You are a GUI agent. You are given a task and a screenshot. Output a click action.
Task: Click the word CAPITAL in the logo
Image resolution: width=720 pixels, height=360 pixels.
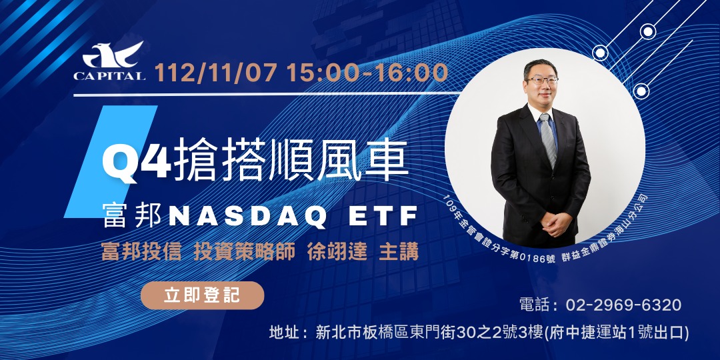click(109, 76)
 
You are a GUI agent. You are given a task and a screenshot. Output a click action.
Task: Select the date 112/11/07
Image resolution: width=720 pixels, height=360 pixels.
click(216, 73)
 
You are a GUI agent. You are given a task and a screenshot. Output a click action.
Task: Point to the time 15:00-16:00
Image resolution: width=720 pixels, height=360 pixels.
click(367, 73)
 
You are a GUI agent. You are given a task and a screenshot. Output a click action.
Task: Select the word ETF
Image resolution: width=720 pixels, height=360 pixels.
click(383, 217)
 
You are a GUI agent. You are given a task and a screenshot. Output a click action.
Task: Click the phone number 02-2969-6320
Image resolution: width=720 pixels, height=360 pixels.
click(623, 305)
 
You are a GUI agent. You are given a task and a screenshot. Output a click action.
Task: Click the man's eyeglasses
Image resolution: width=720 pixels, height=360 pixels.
click(542, 81)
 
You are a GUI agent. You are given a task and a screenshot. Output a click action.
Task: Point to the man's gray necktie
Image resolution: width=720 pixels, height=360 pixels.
click(548, 141)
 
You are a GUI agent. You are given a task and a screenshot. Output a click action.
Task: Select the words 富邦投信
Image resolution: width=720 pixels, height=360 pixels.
click(141, 251)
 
